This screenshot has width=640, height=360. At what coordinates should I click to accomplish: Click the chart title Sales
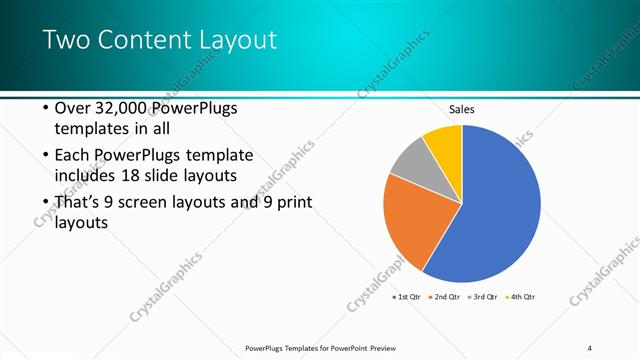tap(461, 109)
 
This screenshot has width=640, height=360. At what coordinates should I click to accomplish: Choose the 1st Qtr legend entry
tap(406, 297)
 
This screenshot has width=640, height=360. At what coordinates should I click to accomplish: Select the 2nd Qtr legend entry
tap(444, 297)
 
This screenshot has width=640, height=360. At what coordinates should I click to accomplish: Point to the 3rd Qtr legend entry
tap(482, 297)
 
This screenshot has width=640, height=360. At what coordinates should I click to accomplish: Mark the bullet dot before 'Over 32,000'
tap(45, 108)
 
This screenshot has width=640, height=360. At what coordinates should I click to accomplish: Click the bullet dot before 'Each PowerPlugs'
tap(45, 156)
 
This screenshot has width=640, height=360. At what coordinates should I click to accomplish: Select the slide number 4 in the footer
tap(589, 348)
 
